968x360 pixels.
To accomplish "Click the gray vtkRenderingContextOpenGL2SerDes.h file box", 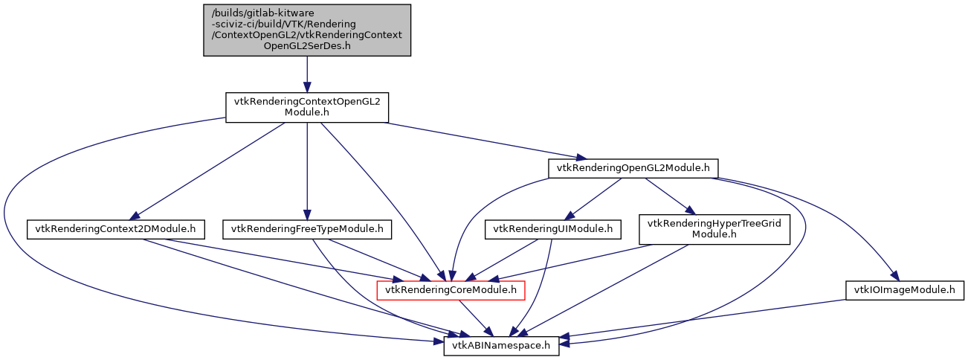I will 307,30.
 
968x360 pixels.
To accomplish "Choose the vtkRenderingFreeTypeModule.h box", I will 308,229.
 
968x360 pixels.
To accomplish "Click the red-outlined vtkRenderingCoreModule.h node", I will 452,289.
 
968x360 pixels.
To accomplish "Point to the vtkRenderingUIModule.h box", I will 553,229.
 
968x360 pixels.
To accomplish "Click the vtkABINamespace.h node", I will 501,345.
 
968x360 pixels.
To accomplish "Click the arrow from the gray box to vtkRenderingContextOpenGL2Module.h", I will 307,74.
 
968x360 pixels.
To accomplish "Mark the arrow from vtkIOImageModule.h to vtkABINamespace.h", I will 706,319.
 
